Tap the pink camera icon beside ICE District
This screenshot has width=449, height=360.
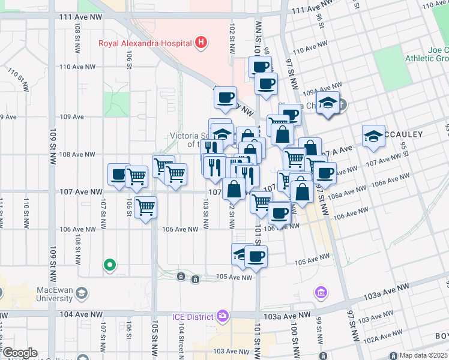[223, 316]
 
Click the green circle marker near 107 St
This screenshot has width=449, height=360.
[109, 264]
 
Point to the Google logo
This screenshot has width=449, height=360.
[19, 353]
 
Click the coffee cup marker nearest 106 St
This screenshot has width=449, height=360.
[118, 175]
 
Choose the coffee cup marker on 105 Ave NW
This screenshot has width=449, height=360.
[256, 257]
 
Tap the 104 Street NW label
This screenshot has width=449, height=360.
[180, 341]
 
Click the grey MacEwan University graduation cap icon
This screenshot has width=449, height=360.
[82, 293]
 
